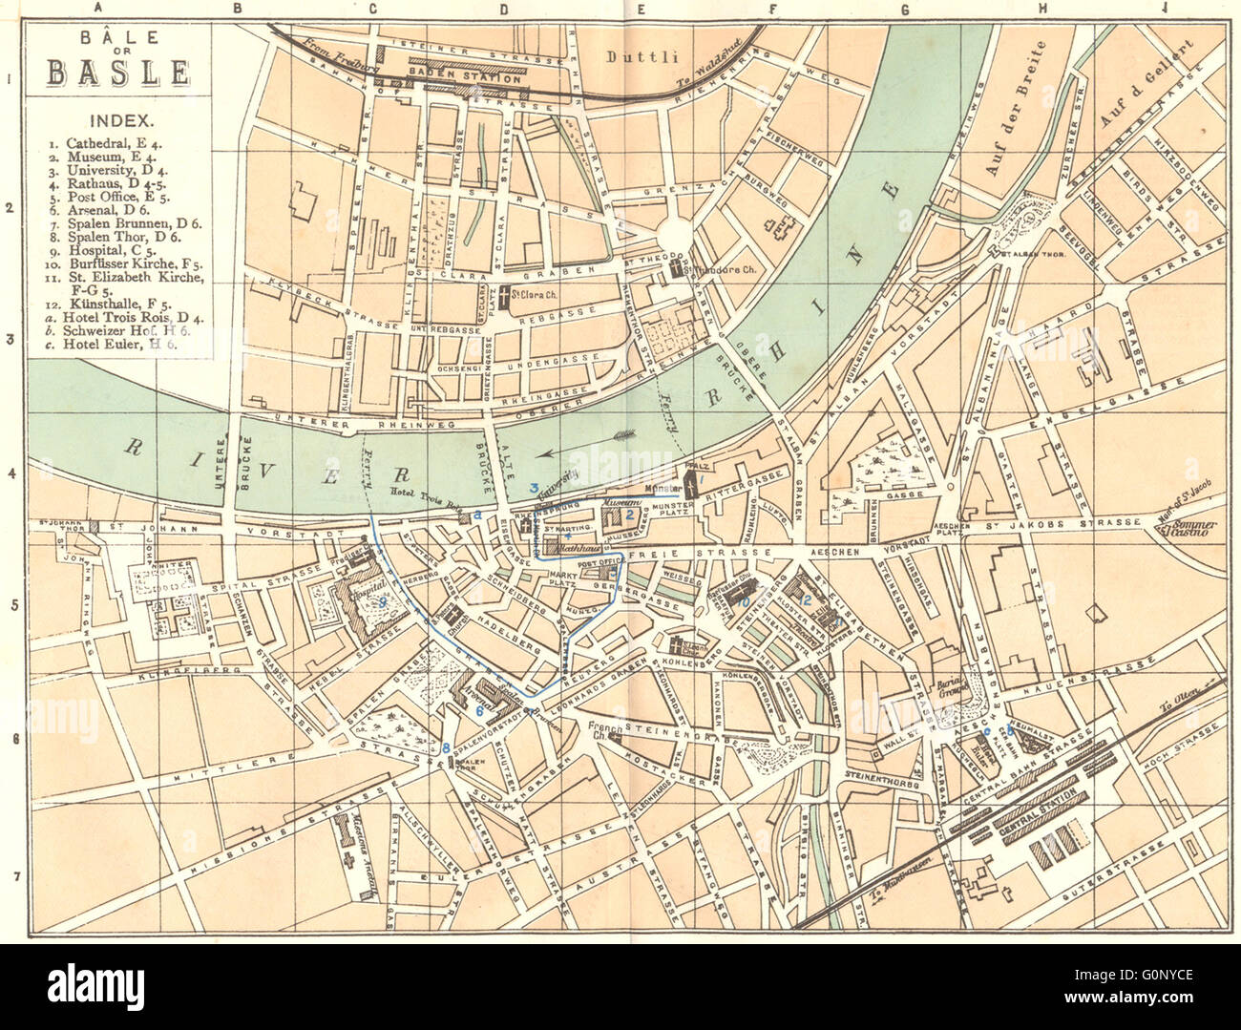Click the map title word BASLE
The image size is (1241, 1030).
click(x=117, y=73)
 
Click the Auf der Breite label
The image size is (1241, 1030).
click(x=1019, y=109)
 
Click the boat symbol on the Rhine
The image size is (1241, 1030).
click(x=629, y=433)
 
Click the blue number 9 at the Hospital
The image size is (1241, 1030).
click(x=380, y=603)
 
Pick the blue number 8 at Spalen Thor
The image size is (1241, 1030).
click(x=445, y=747)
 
